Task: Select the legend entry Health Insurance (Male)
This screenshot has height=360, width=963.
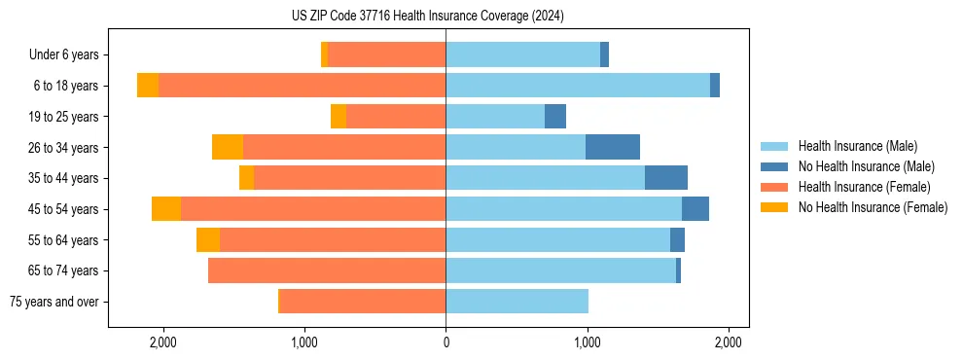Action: pos(857,146)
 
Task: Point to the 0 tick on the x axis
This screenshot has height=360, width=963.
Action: pos(446,342)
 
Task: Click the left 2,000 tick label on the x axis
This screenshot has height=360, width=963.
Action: pos(162,342)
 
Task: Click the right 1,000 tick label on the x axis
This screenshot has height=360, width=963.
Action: pos(588,342)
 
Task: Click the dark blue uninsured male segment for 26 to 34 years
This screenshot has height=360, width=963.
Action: pos(613,147)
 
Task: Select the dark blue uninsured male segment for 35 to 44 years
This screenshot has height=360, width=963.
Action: pos(666,178)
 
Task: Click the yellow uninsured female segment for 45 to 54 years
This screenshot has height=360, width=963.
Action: pos(166,209)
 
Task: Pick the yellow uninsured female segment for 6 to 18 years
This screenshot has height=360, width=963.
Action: pos(148,86)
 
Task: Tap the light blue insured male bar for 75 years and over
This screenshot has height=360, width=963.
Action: pos(517,302)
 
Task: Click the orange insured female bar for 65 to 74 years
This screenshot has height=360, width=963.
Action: pos(327,270)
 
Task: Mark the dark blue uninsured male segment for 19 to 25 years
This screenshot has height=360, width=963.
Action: pos(555,117)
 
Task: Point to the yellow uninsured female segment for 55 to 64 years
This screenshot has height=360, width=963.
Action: pos(208,240)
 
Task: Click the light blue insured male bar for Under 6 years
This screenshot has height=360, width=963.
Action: pos(522,55)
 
